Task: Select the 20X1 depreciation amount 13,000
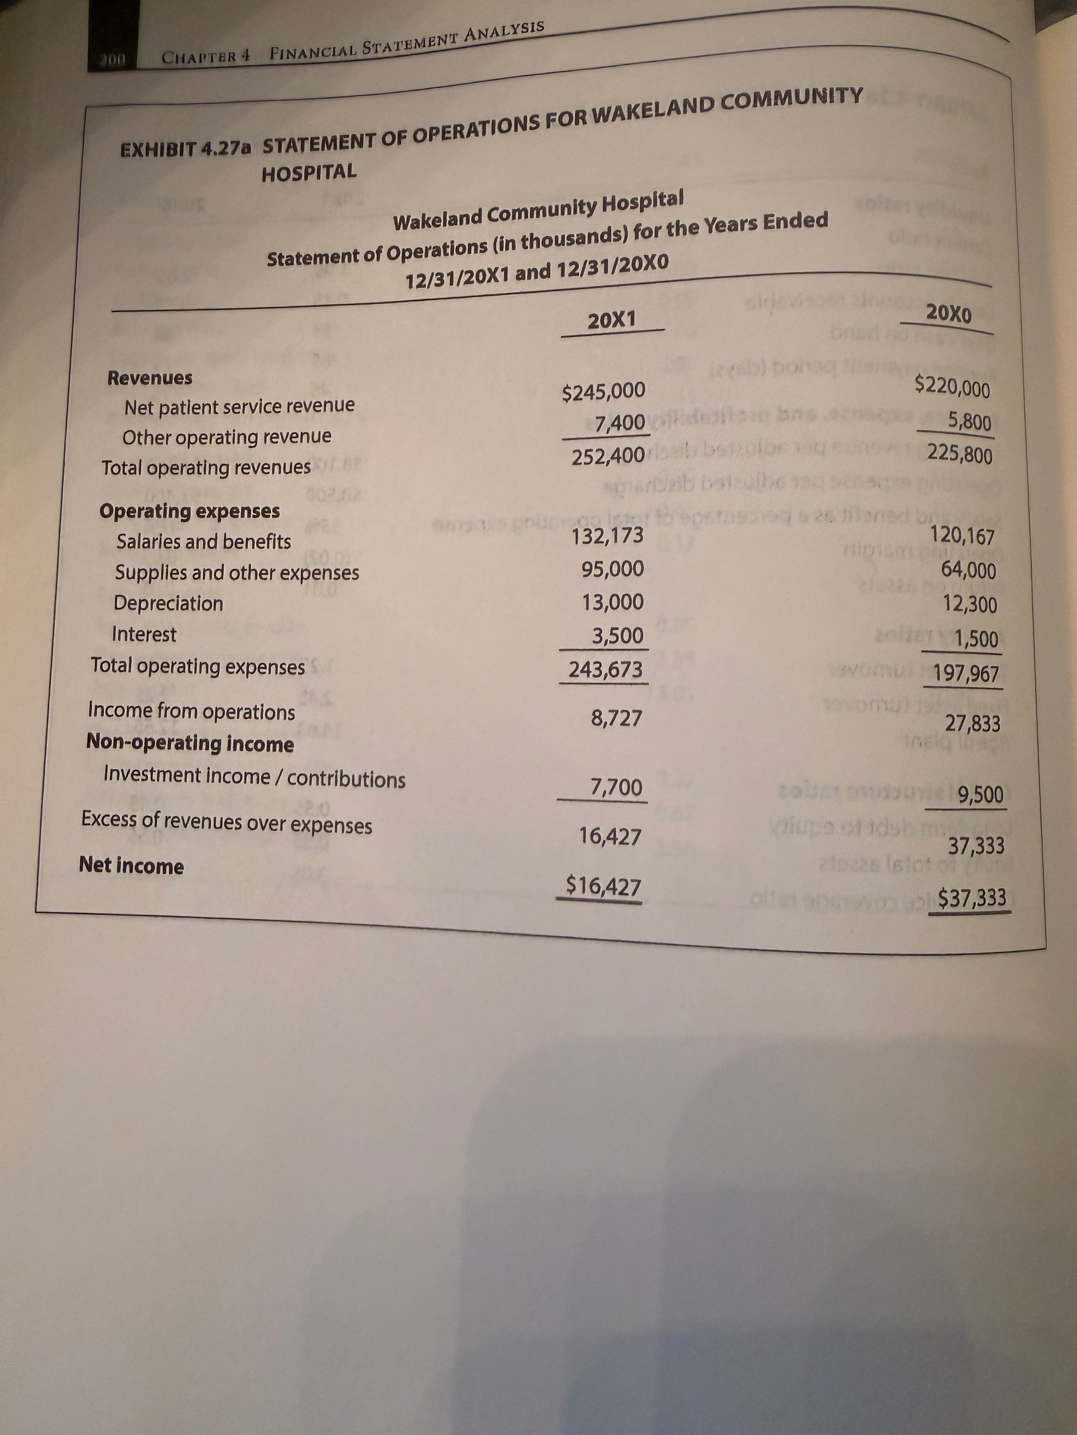(x=612, y=603)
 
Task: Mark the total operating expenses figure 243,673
(x=606, y=669)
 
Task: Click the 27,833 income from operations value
(x=972, y=723)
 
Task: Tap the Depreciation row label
(x=168, y=603)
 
